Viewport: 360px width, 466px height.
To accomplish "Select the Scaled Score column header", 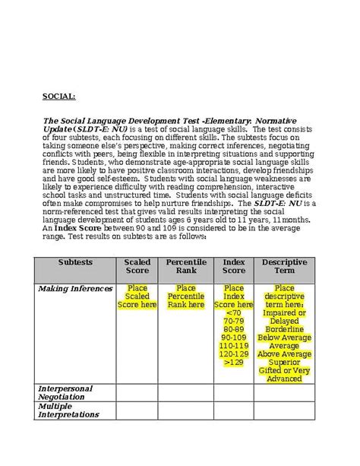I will (x=137, y=267).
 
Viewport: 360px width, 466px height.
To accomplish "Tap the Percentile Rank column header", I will (x=186, y=267).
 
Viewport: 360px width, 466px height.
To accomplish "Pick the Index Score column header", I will (x=234, y=267).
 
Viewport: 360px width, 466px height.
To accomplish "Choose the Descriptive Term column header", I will (x=284, y=267).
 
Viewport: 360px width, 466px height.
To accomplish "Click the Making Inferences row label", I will (x=75, y=289).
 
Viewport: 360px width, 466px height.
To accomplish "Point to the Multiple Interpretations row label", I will (x=69, y=411).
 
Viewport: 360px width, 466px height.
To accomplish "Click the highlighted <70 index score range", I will (x=234, y=312).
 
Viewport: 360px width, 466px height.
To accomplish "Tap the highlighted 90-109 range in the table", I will (x=234, y=337).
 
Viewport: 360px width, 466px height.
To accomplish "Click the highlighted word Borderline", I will (x=284, y=328).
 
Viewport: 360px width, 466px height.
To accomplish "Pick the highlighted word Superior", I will (x=284, y=362).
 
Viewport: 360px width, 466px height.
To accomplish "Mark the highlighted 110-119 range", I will (x=234, y=345).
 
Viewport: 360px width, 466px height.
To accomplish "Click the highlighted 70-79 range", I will (x=234, y=321).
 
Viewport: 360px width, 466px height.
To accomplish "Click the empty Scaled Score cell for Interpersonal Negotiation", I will (x=137, y=393).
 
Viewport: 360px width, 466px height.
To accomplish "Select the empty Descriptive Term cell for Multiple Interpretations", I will (x=284, y=411).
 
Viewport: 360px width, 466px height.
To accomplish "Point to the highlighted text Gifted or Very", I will (x=284, y=370).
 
